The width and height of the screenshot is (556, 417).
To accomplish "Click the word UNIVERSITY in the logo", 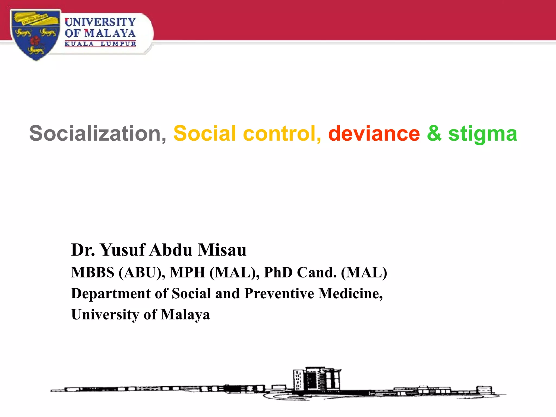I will click(100, 22).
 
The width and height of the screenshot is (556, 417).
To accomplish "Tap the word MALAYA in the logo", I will click(110, 33).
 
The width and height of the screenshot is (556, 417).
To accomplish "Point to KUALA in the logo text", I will click(79, 44).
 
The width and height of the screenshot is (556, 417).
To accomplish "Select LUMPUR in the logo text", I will click(118, 44).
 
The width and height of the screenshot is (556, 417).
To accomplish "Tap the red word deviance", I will click(374, 133).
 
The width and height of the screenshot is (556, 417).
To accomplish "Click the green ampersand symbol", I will click(434, 133).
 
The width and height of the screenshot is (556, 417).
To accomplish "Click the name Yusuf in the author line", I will click(123, 250).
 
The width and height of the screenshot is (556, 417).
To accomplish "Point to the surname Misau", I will click(222, 250).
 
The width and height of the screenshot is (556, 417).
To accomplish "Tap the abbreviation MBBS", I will click(93, 272).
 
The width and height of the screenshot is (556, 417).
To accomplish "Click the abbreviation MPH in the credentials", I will click(187, 272).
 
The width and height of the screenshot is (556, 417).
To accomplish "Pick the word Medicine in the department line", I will click(350, 293).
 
